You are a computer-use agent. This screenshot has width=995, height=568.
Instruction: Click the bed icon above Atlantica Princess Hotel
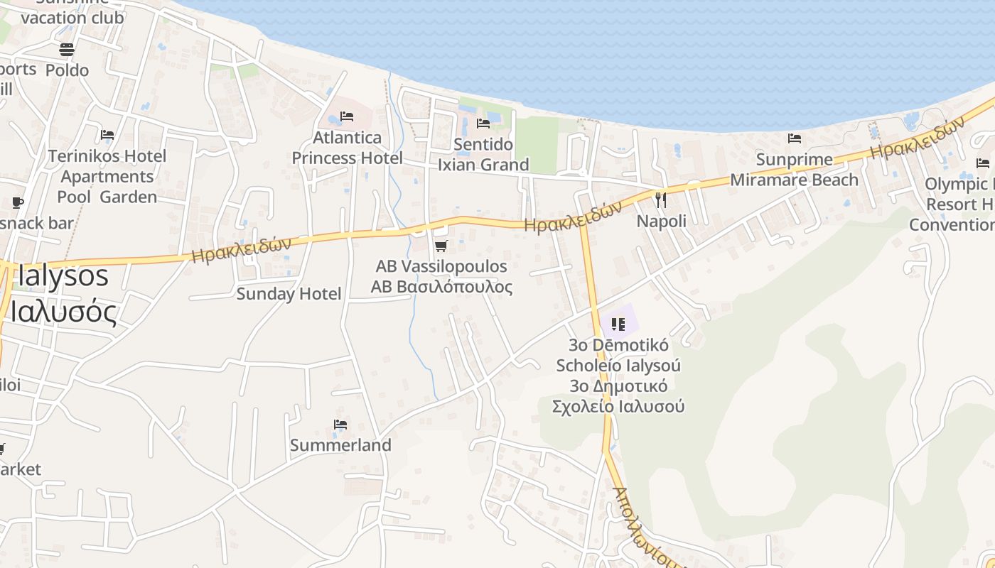coord(347,116)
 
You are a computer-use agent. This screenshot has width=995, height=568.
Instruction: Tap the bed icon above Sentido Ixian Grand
coord(483,124)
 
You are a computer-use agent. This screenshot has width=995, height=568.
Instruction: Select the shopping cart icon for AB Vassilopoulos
coord(441,246)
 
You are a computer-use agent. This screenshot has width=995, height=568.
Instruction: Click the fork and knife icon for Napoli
coord(661,200)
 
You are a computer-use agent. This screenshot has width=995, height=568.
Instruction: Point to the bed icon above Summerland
coord(340,425)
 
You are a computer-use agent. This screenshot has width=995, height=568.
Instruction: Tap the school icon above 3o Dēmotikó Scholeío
coord(618,324)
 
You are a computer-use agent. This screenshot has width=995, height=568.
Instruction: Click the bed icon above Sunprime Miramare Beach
coord(795,138)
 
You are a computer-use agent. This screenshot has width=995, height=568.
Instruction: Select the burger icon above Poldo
coord(67,50)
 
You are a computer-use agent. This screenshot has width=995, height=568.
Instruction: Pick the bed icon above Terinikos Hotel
coord(107,135)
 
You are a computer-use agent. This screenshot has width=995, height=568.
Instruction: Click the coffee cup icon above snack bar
coord(18,203)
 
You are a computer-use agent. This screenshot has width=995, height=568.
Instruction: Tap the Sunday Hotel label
coord(289,294)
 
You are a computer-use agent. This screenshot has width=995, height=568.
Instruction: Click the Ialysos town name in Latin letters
coord(63,275)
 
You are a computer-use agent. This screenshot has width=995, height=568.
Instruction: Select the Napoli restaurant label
coord(661,222)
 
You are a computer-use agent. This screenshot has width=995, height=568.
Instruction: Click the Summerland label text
coord(340,445)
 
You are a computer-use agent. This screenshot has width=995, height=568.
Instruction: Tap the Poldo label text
coord(67,70)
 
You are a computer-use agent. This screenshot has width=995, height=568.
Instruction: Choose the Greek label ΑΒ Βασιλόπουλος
coord(441,287)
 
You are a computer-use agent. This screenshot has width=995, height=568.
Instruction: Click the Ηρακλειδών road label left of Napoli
coord(573,215)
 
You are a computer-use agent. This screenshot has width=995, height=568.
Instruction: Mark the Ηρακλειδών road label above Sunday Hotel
coord(242,249)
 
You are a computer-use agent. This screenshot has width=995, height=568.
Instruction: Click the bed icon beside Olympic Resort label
coord(983,163)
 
